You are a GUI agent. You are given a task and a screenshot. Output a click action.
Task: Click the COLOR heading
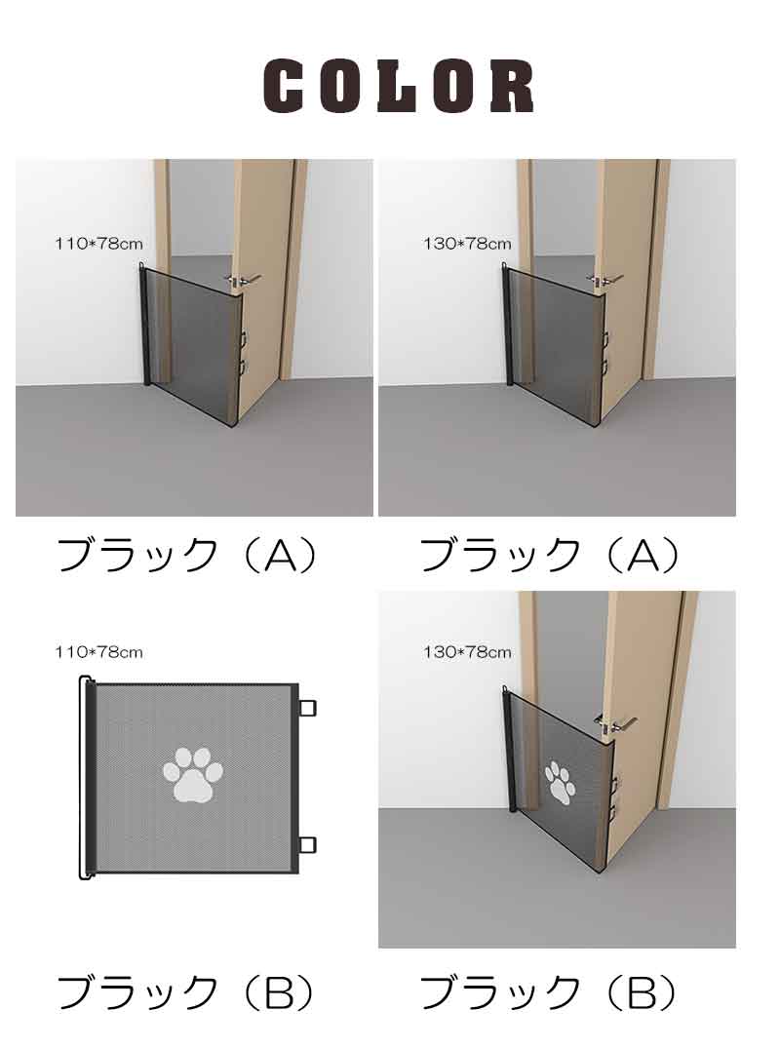pos(399,86)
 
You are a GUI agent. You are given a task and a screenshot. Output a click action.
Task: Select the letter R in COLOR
pos(511,86)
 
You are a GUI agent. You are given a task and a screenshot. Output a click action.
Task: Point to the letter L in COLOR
pos(399,86)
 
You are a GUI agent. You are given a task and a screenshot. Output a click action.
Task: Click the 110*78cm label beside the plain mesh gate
pos(98,244)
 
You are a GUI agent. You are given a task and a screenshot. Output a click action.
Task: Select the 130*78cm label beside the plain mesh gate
pos(466,244)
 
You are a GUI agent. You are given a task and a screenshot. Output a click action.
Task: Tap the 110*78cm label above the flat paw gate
pos(98,651)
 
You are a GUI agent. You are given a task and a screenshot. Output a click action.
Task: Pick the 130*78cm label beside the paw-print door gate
pos(466,651)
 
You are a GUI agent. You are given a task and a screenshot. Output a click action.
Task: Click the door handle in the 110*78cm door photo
pos(243,280)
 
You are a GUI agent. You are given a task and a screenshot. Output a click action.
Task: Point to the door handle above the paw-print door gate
pos(615,722)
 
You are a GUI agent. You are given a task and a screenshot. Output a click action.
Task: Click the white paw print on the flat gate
pos(193,775)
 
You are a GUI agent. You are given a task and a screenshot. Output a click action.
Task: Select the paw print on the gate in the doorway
pos(560,782)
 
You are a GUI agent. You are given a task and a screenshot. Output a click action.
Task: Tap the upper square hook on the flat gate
pos(307,707)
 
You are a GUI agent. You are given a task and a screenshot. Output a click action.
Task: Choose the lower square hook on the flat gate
pos(307,845)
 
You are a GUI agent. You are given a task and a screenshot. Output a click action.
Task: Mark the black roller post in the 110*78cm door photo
pos(145,327)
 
